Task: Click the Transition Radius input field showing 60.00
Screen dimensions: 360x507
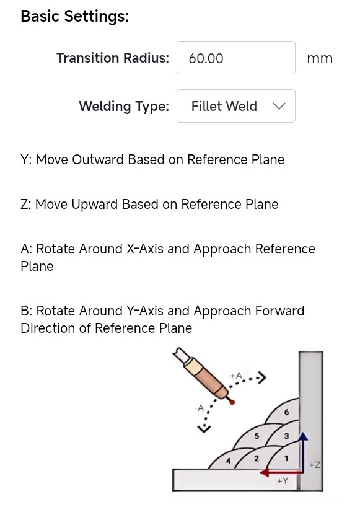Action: [236, 58]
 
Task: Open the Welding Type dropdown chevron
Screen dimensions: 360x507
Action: [279, 106]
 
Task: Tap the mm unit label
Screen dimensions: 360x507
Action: [320, 58]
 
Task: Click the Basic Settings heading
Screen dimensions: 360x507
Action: [74, 17]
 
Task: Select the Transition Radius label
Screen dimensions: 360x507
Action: [113, 58]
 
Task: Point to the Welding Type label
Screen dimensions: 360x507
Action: [124, 107]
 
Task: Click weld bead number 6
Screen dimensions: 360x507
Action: [286, 412]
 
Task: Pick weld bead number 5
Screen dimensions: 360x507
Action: [257, 436]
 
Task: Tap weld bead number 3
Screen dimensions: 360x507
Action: [286, 436]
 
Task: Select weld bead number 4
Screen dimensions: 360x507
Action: [228, 461]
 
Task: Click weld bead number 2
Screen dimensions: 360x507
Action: [257, 458]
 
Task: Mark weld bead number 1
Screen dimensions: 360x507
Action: [286, 458]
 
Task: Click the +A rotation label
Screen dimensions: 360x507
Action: [236, 376]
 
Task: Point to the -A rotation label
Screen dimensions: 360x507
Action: [199, 408]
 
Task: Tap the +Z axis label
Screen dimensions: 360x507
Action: [314, 465]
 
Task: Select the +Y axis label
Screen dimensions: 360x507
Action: [283, 481]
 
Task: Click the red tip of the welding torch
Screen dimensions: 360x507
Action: [232, 402]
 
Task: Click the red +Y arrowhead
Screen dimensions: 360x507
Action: [265, 472]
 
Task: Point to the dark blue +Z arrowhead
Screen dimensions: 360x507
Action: [302, 436]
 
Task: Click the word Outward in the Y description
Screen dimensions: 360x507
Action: [98, 160]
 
